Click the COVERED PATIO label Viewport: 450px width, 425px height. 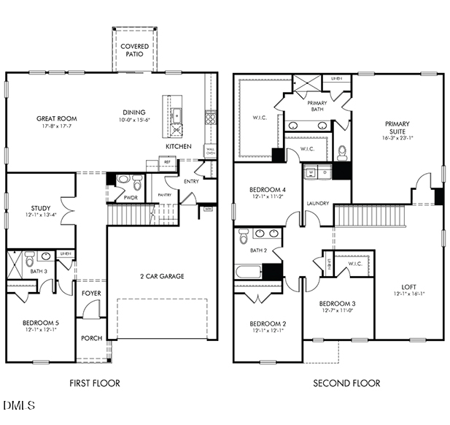[134, 50]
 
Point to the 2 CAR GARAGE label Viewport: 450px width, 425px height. [162, 276]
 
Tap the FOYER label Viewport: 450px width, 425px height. [91, 293]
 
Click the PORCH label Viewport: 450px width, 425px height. [91, 338]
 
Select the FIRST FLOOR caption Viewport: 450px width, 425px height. [95, 383]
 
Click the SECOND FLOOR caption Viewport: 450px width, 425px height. [346, 383]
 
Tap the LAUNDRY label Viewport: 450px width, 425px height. [317, 203]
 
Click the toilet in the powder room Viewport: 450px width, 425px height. [124, 180]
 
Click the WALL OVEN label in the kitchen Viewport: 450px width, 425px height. [210, 152]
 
